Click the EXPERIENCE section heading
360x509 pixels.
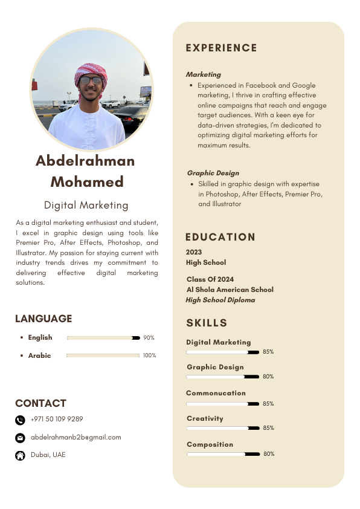pyautogui.click(x=221, y=48)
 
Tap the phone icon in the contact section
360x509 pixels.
pyautogui.click(x=20, y=420)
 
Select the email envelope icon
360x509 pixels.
pyautogui.click(x=20, y=438)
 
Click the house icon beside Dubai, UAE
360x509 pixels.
pyautogui.click(x=20, y=455)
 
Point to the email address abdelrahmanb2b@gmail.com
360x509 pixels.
pyautogui.click(x=76, y=437)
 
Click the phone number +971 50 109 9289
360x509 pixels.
pyautogui.click(x=57, y=419)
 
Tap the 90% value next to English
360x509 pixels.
pyautogui.click(x=149, y=338)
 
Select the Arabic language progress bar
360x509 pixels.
pyautogui.click(x=103, y=355)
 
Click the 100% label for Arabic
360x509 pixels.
pyautogui.click(x=149, y=355)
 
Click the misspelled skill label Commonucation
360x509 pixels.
pyautogui.click(x=216, y=393)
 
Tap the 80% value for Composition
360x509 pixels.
pyautogui.click(x=269, y=454)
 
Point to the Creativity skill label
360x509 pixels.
pyautogui.click(x=205, y=418)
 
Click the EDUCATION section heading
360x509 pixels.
pyautogui.click(x=220, y=237)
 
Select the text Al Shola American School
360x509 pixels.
pyautogui.click(x=230, y=290)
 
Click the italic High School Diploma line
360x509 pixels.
pyautogui.click(x=220, y=300)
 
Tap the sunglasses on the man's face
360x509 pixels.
pyautogui.click(x=91, y=80)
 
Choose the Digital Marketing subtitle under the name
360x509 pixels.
pyautogui.click(x=86, y=205)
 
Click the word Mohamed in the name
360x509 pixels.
pyautogui.click(x=87, y=181)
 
